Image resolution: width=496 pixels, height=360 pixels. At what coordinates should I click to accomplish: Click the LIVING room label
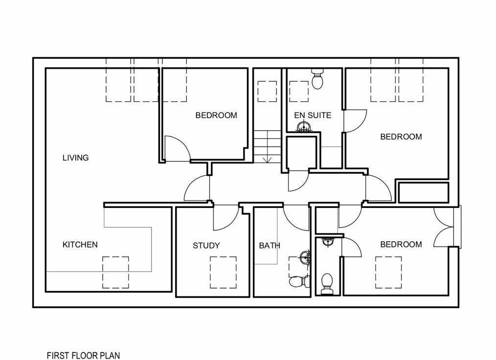tap(75, 157)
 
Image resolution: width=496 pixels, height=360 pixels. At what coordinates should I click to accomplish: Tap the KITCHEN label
tap(80, 245)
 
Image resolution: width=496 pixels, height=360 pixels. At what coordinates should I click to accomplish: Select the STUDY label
tap(206, 246)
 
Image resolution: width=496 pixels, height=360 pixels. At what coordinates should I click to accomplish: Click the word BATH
tap(270, 246)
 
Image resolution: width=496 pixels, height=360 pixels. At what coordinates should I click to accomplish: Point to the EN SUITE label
tap(313, 115)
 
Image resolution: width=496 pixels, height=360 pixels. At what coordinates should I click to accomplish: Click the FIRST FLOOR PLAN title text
tap(84, 355)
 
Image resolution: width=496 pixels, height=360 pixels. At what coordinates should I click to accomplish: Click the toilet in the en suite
tap(317, 79)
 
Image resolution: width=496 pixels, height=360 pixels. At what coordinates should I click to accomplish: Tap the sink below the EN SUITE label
tap(304, 127)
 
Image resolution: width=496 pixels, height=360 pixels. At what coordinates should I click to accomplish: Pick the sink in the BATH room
tap(305, 257)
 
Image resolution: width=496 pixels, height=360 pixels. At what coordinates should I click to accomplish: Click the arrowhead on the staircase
tap(267, 160)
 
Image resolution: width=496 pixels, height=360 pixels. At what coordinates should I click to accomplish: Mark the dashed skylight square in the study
tap(224, 272)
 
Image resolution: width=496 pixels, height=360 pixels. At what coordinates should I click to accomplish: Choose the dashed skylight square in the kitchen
tap(115, 272)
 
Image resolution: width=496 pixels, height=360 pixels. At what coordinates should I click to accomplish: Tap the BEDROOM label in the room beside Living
tap(216, 115)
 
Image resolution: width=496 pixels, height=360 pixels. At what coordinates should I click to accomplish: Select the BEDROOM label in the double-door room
tap(401, 245)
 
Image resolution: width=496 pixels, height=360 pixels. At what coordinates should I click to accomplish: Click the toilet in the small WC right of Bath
tap(326, 283)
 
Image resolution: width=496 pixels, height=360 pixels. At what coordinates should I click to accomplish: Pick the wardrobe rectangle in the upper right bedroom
tap(424, 192)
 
